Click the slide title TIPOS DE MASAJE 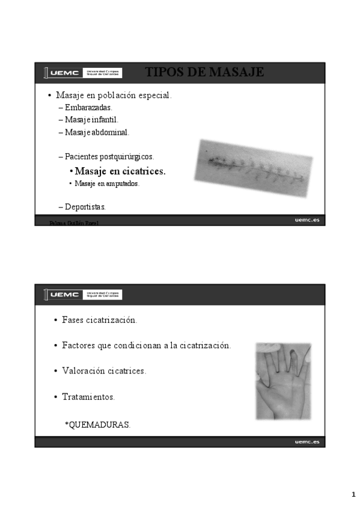(204, 73)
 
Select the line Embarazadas (88, 108)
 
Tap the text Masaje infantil (92, 120)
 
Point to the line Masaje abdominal (97, 132)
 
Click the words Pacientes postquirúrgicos (109, 156)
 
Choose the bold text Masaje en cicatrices (120, 171)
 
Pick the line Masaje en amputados (107, 183)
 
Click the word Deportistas (85, 207)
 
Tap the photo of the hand (283, 381)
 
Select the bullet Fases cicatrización (99, 320)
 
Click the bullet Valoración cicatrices (104, 370)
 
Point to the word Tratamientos (88, 397)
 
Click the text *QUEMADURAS (97, 425)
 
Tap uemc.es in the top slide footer (307, 220)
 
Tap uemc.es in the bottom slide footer (307, 442)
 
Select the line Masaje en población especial (114, 95)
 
